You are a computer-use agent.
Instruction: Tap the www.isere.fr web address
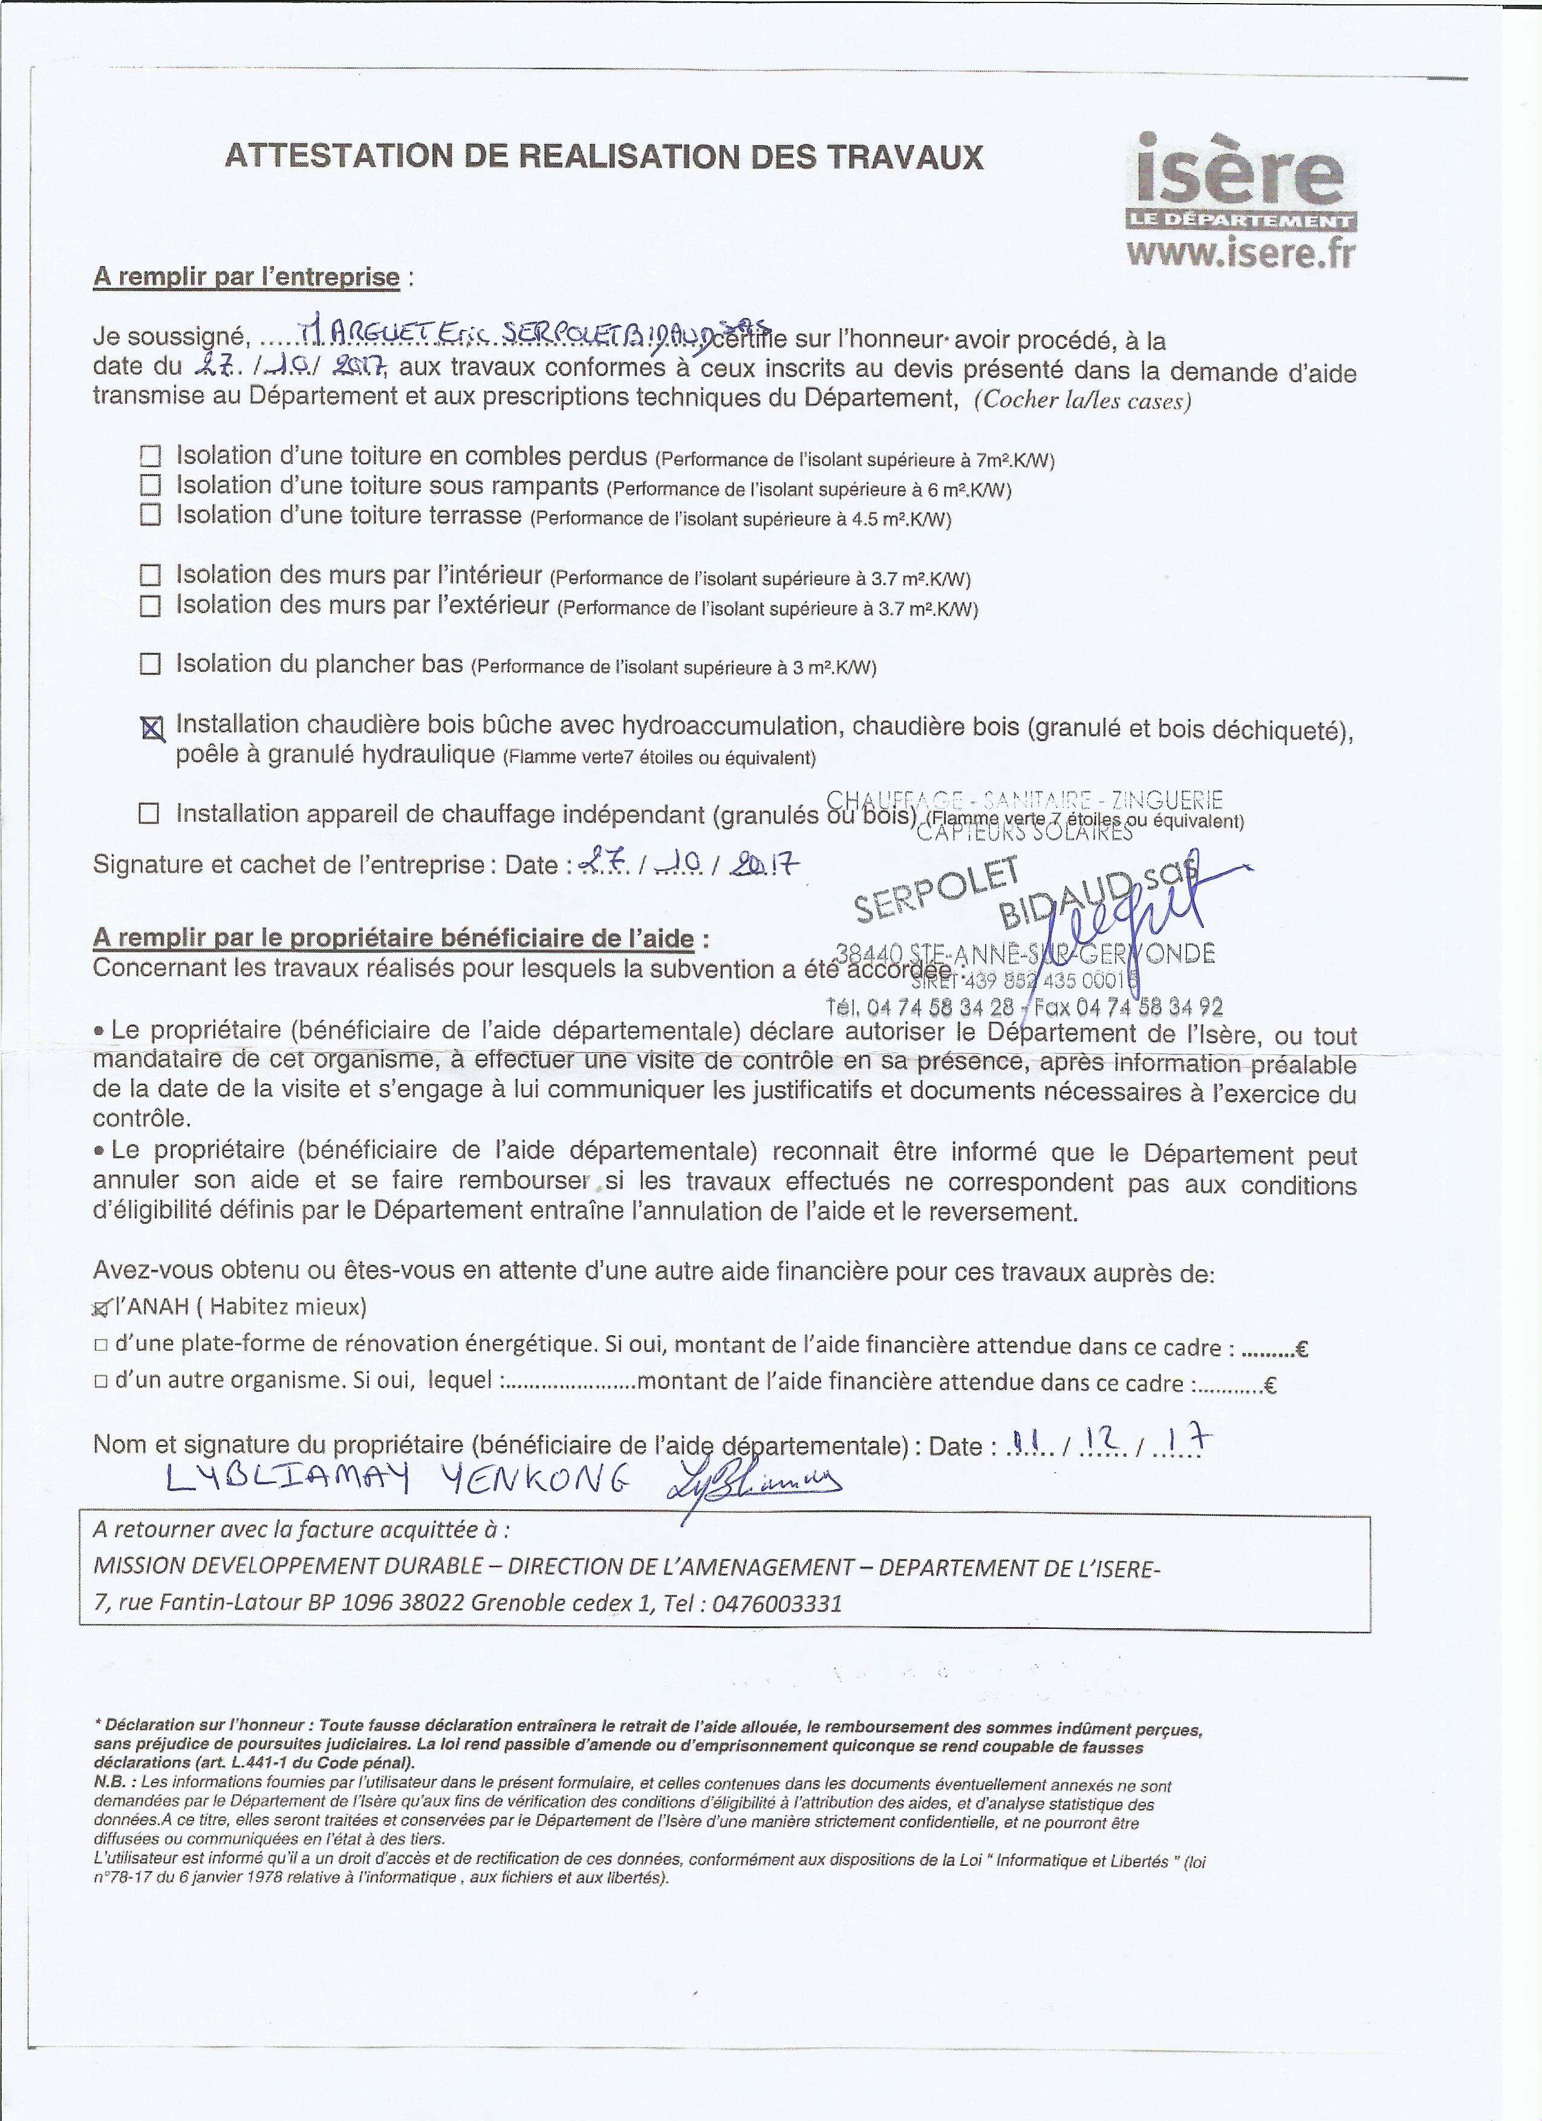1241,253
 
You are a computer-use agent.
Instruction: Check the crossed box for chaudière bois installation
151,727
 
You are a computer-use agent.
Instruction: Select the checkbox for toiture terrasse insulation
149,515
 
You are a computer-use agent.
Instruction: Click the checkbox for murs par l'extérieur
149,606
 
